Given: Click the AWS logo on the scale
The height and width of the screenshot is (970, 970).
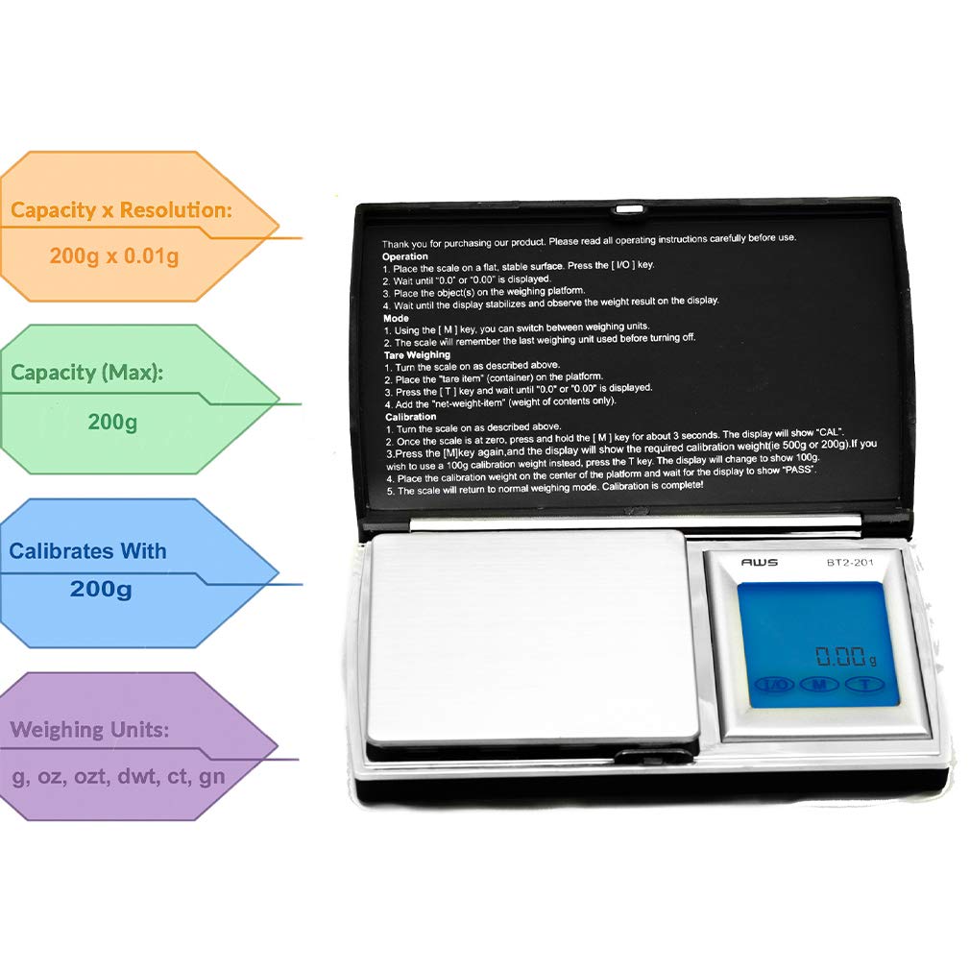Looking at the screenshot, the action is pos(759,562).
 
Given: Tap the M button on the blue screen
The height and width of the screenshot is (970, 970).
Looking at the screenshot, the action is pos(819,685).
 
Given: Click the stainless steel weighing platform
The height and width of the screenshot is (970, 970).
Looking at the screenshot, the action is pos(531,637).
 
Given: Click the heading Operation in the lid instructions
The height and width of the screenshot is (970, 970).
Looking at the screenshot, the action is pos(405,257).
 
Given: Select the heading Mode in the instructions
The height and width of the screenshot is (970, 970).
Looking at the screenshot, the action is pos(396,318).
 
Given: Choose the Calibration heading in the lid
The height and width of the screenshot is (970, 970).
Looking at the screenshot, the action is pos(411,417).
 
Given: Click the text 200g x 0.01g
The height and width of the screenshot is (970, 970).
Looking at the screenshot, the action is pos(113,256).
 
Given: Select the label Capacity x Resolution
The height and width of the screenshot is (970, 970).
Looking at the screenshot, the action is pos(121,210).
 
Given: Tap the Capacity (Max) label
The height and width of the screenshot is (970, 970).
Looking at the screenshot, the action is pos(87,373).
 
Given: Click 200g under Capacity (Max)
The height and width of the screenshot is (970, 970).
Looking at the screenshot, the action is pos(112,422).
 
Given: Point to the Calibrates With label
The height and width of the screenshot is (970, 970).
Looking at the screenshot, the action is pos(87,551).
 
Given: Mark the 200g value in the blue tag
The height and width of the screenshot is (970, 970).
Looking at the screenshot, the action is pos(101,589).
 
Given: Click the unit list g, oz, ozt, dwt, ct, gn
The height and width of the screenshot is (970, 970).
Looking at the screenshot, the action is pos(118,776).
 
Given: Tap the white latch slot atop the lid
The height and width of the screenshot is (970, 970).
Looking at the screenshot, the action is pos(628,206).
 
